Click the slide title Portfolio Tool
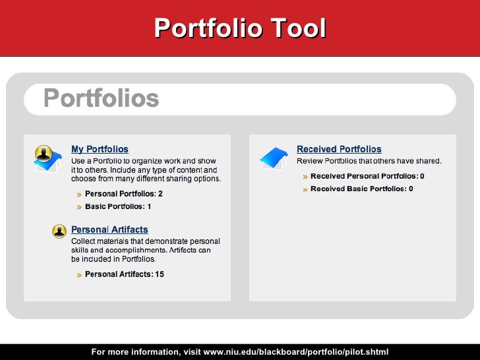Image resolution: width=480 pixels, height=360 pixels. pos(240,28)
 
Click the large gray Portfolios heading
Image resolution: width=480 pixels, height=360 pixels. pos(102,99)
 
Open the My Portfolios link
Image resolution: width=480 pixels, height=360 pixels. pos(100,150)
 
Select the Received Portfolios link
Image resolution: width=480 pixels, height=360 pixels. pos(339,150)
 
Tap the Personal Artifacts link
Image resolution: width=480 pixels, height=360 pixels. pos(109,230)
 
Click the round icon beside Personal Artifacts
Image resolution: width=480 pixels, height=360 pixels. pos(59,231)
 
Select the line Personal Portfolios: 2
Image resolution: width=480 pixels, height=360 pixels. pos(123,195)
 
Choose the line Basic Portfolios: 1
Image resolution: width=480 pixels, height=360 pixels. pos(118,206)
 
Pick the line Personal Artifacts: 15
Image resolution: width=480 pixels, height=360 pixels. pos(125,274)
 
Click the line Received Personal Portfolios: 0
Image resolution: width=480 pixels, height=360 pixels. pos(367,177)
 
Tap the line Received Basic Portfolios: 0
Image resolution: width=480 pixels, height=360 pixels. pos(361,189)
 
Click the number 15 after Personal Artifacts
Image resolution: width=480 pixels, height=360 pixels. pos(159,274)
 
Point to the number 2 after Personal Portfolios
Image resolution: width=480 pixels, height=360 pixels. pos(160,195)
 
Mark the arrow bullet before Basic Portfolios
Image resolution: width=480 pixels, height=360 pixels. pos(79,207)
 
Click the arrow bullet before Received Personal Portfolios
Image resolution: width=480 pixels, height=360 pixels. pos(305,177)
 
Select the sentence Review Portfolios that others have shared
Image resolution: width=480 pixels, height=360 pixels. pos(369,161)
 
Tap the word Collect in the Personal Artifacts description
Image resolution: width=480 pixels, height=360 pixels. pos(84,241)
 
